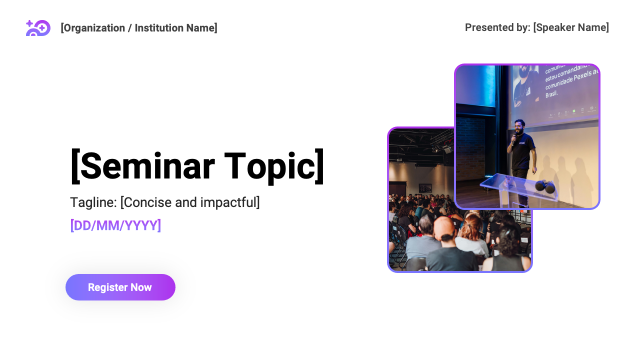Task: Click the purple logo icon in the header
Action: (x=38, y=28)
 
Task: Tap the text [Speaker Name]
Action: (x=571, y=27)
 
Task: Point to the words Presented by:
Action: (x=497, y=27)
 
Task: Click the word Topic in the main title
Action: (x=274, y=166)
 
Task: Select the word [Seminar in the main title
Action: (x=142, y=166)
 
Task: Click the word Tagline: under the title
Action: (x=93, y=202)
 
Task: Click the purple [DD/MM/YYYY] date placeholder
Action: (x=115, y=225)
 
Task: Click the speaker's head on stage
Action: (x=519, y=125)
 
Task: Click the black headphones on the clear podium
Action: (x=544, y=187)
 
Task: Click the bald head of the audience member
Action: (x=443, y=228)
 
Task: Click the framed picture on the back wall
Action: (x=425, y=188)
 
